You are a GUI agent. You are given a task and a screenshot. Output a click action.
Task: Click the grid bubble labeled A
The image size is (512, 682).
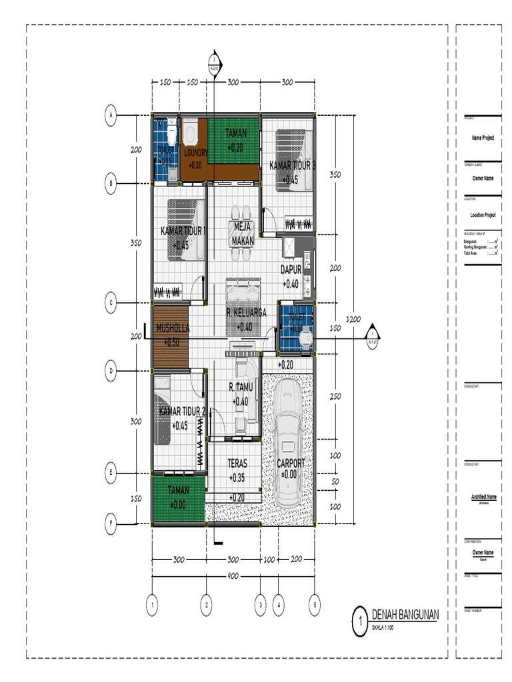click(111, 116)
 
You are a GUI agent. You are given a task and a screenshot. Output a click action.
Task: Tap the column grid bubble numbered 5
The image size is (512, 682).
click(315, 605)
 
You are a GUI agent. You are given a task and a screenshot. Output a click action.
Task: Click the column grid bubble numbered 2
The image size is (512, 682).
click(207, 605)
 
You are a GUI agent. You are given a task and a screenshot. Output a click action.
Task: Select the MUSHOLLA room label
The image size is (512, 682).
click(173, 328)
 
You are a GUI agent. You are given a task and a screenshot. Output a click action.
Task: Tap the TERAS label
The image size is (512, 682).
click(237, 463)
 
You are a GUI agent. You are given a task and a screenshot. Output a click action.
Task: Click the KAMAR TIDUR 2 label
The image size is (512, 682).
click(181, 412)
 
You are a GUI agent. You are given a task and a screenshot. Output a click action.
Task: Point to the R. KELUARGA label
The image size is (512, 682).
click(246, 312)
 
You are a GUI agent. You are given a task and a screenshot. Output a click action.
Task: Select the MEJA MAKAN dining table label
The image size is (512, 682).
click(243, 233)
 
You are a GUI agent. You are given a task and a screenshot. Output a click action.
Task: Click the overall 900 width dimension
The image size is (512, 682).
click(233, 575)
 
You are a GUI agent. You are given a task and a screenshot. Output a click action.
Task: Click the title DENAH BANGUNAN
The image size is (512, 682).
click(405, 615)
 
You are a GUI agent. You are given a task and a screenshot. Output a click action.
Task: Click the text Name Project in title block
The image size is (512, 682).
click(483, 138)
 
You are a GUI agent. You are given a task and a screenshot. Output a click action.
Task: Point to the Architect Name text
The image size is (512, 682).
click(483, 497)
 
